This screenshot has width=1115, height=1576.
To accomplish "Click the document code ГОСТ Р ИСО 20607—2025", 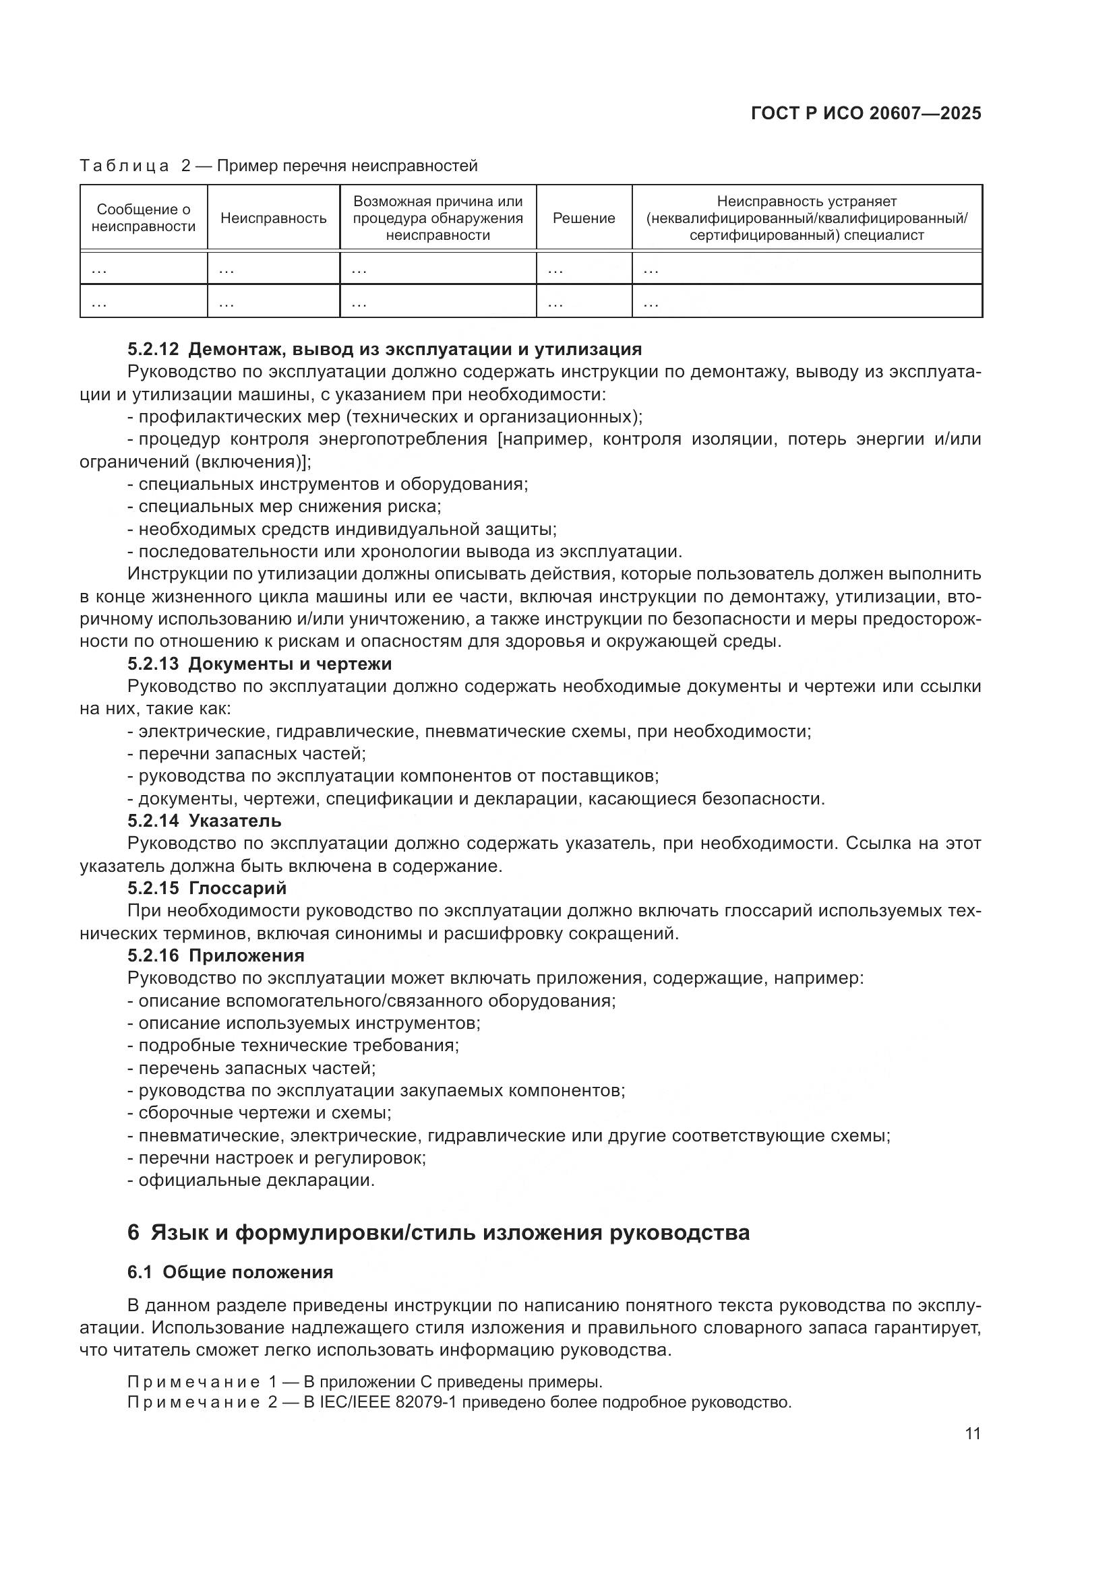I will click(x=866, y=113).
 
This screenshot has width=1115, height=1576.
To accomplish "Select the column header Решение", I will click(x=584, y=218).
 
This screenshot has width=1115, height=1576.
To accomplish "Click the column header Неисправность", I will click(x=273, y=218).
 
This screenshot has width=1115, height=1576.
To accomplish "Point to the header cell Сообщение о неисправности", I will click(x=144, y=218).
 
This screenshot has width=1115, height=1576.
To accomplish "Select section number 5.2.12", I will click(x=152, y=350).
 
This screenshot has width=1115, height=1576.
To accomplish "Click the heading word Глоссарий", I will click(x=237, y=888).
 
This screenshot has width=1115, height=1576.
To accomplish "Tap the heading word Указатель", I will click(x=234, y=821).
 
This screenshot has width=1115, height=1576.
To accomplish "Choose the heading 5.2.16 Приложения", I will click(x=216, y=955).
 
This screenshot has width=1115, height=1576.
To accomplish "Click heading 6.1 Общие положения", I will click(x=230, y=1272).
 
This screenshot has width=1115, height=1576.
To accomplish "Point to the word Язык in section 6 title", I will click(x=179, y=1232).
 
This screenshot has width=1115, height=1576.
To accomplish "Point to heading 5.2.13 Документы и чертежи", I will click(x=260, y=664).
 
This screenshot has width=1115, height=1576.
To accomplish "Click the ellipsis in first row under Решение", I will click(x=555, y=270).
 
